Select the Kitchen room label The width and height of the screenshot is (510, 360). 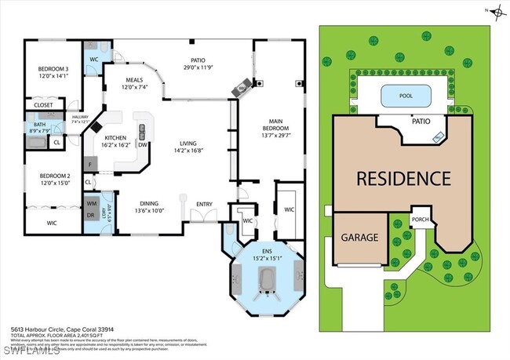point(115,141)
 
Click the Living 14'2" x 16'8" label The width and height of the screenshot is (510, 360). point(188,147)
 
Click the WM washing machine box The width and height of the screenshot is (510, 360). point(92,204)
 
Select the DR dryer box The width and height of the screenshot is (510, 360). point(92,215)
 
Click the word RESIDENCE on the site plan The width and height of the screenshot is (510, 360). point(403,178)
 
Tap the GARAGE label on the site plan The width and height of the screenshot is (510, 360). point(359,238)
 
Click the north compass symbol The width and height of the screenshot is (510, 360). point(496,10)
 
